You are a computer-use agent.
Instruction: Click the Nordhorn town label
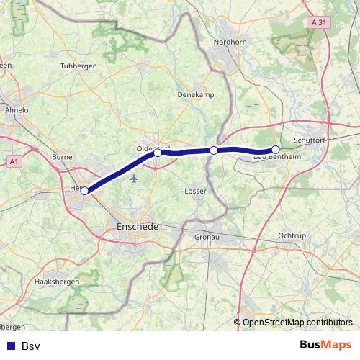[230, 42]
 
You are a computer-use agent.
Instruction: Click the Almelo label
[16, 110]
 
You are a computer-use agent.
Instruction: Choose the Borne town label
[63, 156]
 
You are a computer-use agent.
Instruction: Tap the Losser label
[195, 192]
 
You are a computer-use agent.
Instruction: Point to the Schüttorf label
[311, 140]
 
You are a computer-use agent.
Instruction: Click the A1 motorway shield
[13, 162]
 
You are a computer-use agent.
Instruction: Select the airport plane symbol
[135, 179]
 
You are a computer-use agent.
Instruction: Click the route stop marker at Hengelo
[84, 191]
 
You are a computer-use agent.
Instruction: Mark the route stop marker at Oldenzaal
[158, 153]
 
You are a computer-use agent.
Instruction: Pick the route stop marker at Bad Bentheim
[275, 150]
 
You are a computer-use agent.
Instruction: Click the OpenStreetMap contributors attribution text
[297, 323]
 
